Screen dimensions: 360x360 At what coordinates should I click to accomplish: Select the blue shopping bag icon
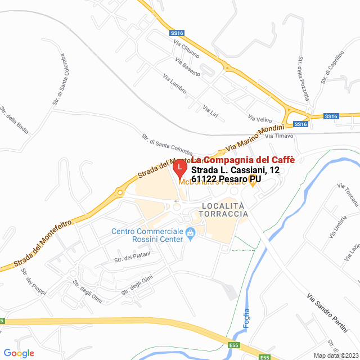190,232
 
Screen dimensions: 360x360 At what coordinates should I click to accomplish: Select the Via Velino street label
260,118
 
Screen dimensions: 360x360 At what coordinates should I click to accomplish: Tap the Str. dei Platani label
130,258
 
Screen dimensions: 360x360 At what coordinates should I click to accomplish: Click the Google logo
19,353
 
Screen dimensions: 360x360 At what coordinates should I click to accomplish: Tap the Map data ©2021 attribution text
335,355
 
